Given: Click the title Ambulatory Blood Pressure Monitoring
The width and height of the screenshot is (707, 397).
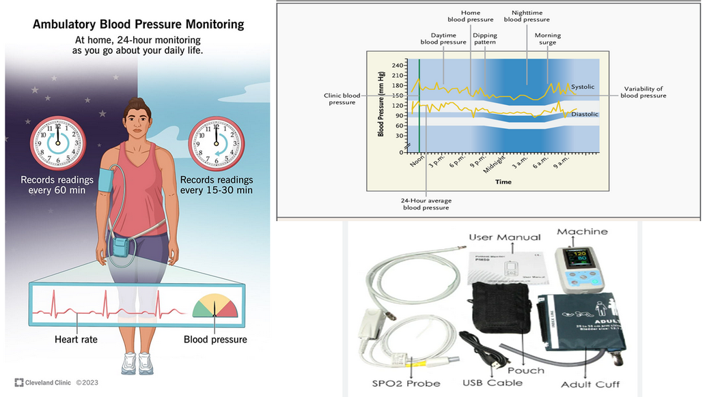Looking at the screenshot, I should (x=138, y=25).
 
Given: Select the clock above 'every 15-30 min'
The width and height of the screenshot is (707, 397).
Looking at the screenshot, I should (x=217, y=143).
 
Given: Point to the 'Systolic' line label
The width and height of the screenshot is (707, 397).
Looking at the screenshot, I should (x=582, y=87).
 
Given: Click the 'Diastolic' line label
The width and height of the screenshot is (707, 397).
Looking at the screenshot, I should (x=585, y=114).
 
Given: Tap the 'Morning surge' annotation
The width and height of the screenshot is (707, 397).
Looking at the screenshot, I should (x=547, y=39).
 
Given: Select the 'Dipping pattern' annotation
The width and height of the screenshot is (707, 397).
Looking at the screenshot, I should (x=484, y=39).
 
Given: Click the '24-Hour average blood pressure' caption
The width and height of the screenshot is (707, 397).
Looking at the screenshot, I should (x=426, y=204).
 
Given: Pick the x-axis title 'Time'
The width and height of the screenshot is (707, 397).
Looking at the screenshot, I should (x=503, y=182).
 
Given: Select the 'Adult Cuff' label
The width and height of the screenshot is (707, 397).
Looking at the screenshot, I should (x=590, y=385).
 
